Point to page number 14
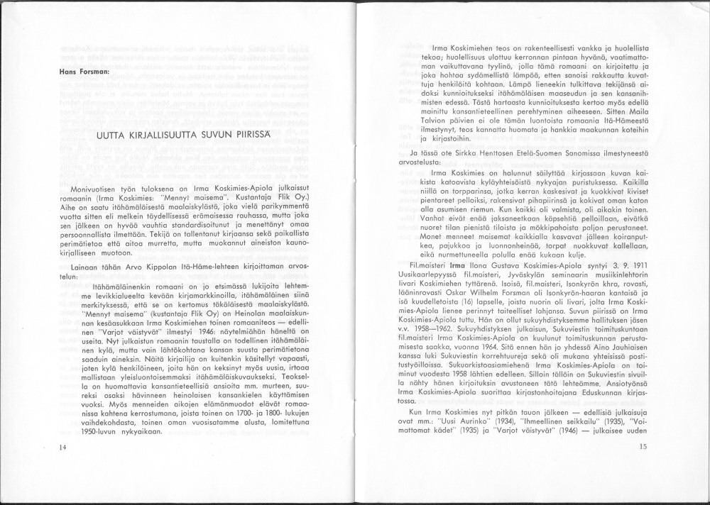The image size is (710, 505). tap(63, 447)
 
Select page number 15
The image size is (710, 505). tap(643, 446)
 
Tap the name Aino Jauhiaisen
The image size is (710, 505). tap(613, 377)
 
